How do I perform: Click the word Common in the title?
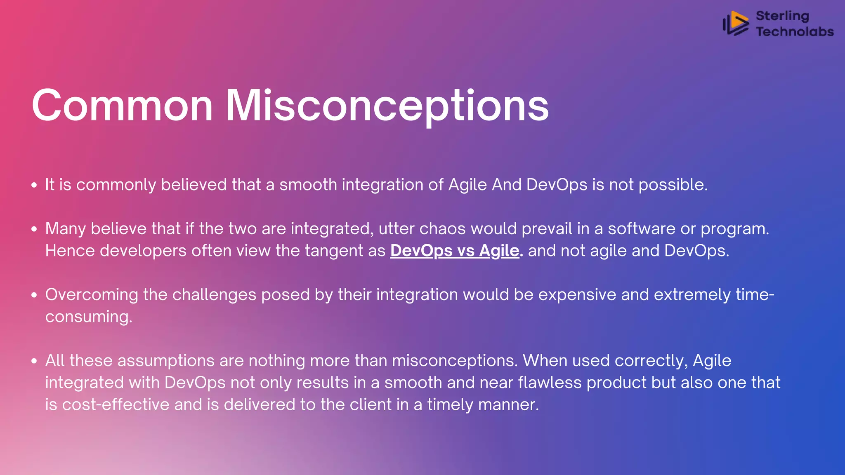[122, 106]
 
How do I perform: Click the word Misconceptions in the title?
[387, 106]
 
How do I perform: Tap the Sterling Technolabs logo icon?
[736, 24]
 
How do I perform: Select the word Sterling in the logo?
[782, 16]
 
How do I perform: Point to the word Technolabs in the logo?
[795, 32]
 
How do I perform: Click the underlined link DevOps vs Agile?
[455, 251]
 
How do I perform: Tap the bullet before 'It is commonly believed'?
[34, 185]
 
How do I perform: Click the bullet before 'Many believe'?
[34, 229]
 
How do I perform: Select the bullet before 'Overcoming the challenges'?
[34, 295]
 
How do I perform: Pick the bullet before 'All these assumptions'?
[34, 361]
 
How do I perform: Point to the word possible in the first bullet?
[673, 185]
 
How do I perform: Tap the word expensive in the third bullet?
[577, 295]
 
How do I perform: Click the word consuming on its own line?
[88, 317]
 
